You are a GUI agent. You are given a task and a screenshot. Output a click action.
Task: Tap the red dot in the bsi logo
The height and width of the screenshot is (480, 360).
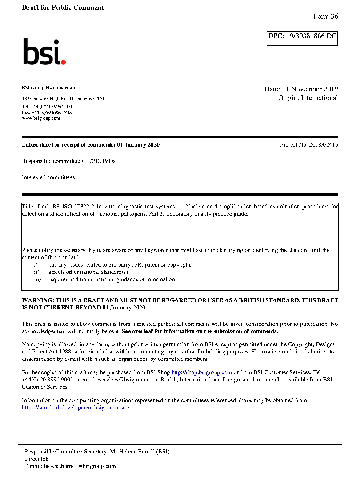[x=64, y=62]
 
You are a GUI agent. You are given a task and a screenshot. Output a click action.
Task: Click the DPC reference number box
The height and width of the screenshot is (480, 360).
[x=302, y=39]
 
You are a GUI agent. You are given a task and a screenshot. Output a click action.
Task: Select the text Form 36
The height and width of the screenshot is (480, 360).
[x=325, y=16]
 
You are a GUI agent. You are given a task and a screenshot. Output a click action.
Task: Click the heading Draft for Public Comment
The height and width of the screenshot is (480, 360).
[x=63, y=8]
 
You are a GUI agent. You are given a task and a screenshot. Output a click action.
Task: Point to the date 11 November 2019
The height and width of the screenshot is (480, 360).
[x=310, y=89]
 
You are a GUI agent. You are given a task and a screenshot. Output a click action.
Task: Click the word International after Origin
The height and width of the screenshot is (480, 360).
[x=319, y=98]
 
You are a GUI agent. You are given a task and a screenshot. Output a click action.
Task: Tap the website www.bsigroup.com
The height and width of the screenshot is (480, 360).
[x=41, y=118]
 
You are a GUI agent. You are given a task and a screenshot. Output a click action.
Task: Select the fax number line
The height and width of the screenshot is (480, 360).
[x=47, y=112]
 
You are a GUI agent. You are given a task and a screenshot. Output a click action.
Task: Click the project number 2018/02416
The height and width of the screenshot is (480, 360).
[x=323, y=145]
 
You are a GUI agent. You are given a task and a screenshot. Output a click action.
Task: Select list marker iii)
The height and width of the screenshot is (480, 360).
[x=37, y=279]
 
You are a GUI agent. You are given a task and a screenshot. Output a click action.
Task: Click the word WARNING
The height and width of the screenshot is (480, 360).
[x=38, y=300]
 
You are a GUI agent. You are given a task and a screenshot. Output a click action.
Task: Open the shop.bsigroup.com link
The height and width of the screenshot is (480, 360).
[x=201, y=372]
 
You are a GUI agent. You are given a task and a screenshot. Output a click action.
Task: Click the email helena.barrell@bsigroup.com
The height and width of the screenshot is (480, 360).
[x=80, y=466]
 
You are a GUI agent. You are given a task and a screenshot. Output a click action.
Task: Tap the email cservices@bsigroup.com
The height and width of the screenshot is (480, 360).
[x=127, y=380]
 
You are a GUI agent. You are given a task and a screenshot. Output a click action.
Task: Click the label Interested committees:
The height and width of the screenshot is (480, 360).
[x=49, y=177]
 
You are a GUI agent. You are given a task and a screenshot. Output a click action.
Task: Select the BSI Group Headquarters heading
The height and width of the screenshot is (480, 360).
[x=48, y=88]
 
